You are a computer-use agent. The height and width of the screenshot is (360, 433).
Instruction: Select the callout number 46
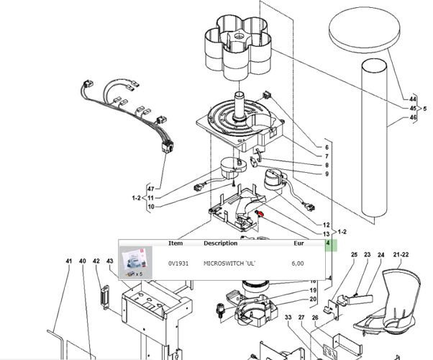click(x=412, y=117)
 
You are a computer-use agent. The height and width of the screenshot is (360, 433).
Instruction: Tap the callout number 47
click(x=150, y=189)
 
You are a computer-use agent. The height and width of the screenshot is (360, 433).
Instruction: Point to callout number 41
click(x=69, y=260)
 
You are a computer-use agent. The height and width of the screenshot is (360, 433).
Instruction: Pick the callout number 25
click(x=354, y=255)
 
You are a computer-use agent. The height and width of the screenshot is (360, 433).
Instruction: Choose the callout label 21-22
click(x=401, y=255)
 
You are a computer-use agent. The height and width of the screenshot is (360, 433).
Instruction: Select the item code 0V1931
click(x=178, y=264)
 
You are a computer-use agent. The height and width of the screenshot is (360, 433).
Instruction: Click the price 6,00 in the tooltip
click(x=297, y=264)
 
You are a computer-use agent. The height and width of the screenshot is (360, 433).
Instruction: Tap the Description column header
click(x=220, y=243)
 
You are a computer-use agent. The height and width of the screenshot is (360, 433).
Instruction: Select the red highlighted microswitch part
click(x=260, y=214)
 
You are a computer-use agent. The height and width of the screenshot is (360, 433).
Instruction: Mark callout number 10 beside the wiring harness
click(x=150, y=207)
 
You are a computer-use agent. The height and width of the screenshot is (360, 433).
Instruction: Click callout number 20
click(x=313, y=299)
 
